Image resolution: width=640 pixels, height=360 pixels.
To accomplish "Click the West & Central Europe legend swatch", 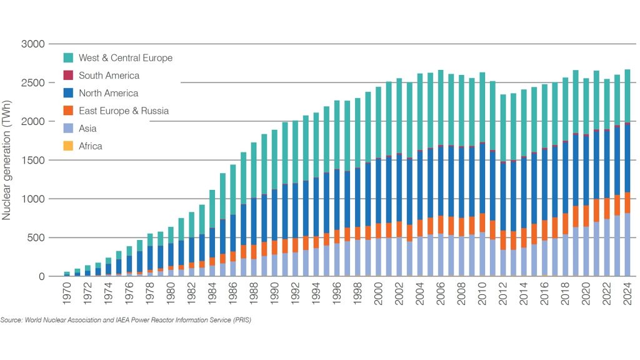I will [x=69, y=58].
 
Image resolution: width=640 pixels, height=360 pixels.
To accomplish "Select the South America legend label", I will [x=109, y=76].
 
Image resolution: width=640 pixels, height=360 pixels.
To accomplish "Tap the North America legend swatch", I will [x=69, y=93].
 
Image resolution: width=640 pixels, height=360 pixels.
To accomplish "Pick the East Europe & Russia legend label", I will [x=124, y=111].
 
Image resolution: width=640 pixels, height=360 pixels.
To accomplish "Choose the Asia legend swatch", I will [x=69, y=129].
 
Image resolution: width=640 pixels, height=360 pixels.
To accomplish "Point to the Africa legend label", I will [x=90, y=146].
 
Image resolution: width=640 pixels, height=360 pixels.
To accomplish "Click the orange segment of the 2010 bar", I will [x=482, y=222].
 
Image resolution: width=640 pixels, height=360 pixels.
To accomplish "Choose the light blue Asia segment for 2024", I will [x=627, y=244].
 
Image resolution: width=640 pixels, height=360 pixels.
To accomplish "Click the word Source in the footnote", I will [x=11, y=320].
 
